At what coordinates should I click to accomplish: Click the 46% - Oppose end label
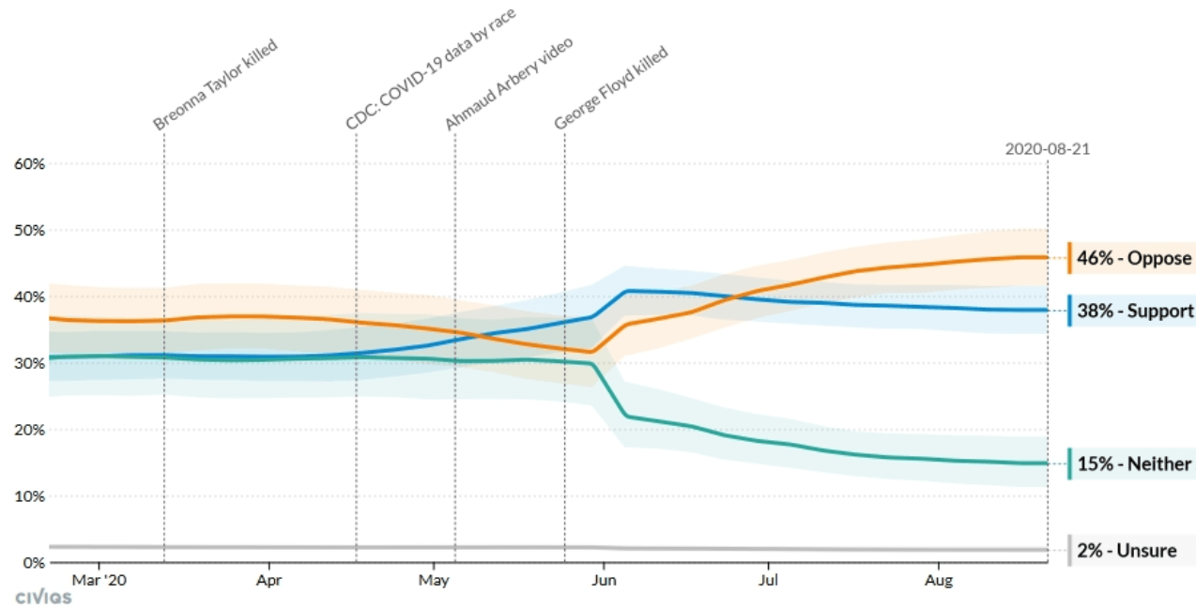pos(1132,258)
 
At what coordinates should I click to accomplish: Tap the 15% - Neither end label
pos(1134,464)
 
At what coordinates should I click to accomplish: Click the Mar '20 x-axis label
pos(99,581)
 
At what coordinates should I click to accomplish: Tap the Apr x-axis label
pos(269,581)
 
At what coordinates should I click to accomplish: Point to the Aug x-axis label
pos(938,581)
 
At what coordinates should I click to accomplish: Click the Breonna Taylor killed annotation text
pos(216,84)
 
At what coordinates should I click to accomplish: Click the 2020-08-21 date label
pos(1048,149)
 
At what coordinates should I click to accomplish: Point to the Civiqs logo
pos(43,598)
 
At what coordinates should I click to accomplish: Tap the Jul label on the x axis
pos(769,581)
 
